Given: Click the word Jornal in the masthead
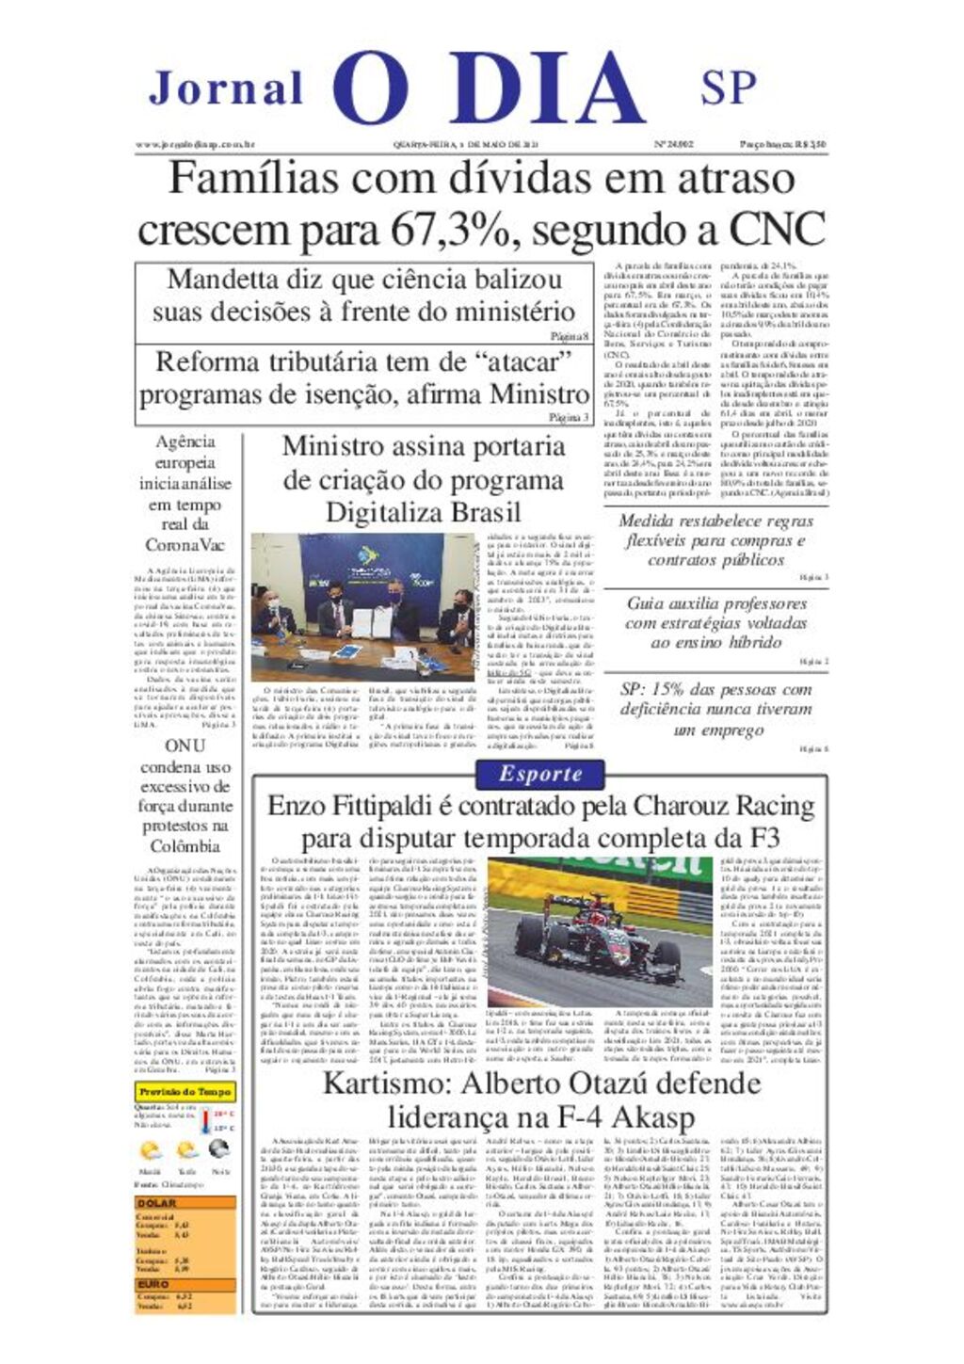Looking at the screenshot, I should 226,89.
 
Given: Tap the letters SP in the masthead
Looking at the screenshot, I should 728,88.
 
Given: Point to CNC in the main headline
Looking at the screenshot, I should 777,230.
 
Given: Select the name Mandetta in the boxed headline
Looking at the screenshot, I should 222,280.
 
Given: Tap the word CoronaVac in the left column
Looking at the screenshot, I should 185,545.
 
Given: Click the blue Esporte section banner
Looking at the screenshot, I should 540,774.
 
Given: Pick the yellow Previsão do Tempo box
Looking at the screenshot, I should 185,1092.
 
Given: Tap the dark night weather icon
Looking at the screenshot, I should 219,1149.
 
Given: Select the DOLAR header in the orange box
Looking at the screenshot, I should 156,1203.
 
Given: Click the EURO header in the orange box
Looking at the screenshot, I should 153,1284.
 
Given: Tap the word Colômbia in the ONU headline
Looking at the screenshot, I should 185,845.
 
